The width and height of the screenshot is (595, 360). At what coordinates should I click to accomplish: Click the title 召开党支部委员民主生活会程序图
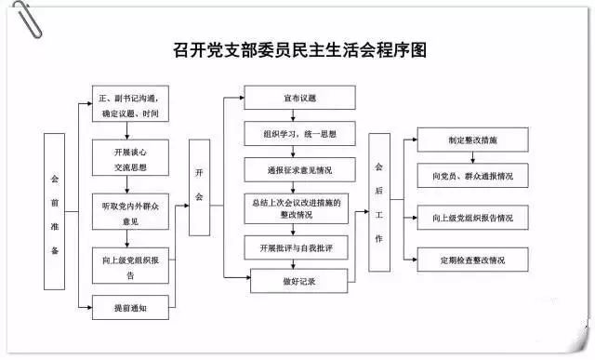point(300,49)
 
